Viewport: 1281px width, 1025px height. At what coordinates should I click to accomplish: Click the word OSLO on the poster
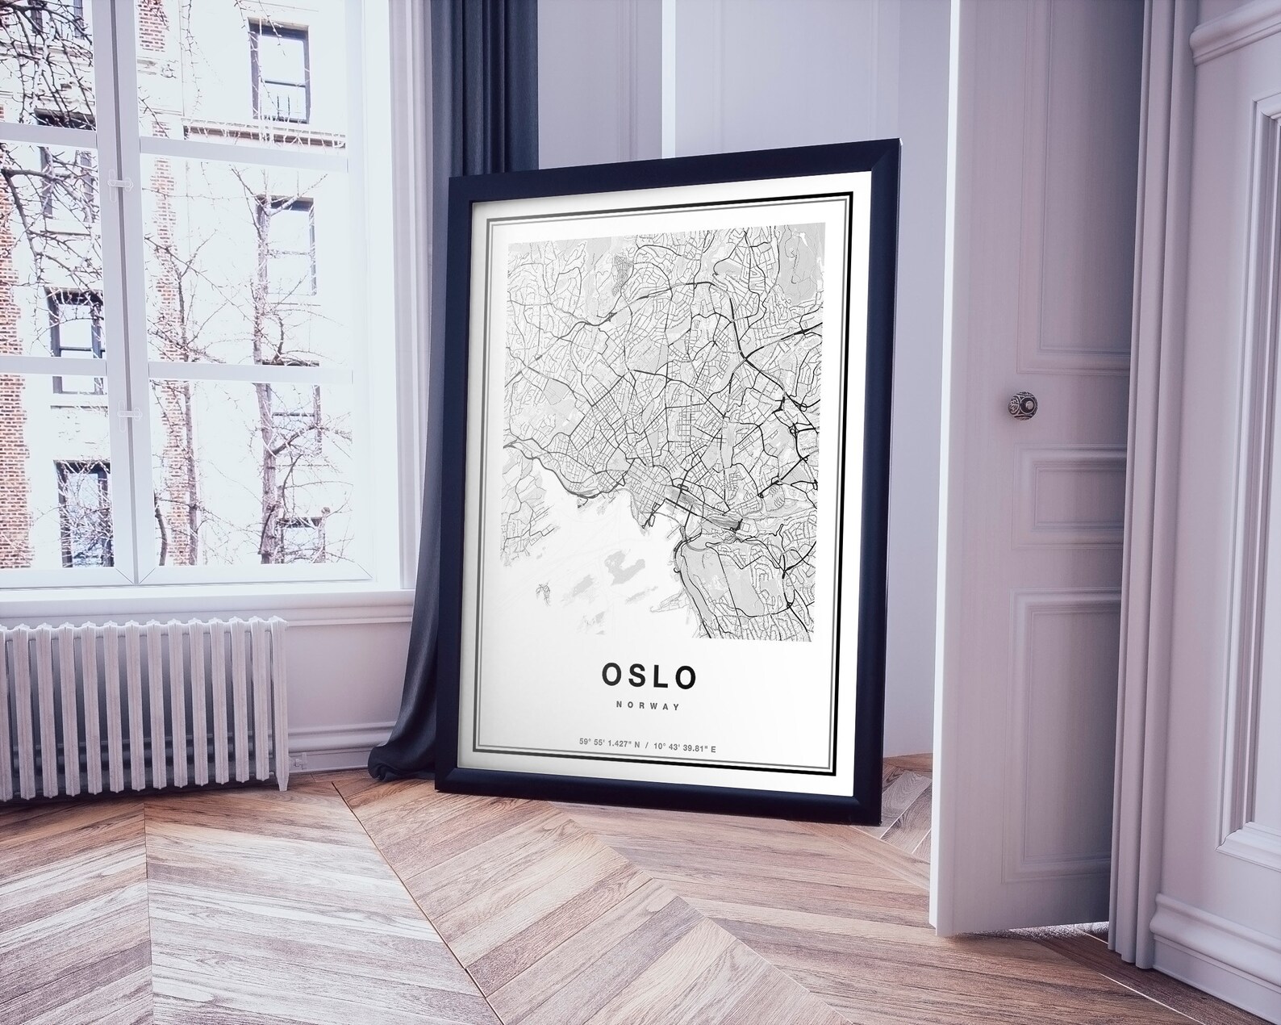[648, 675]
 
